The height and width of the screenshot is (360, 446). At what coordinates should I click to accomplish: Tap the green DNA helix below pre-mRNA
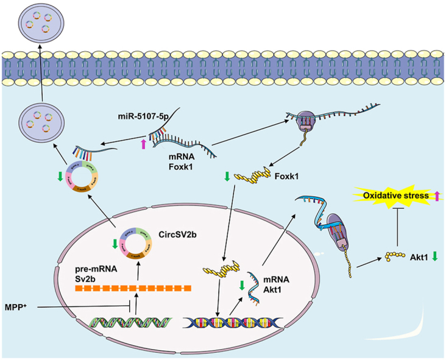tap(135, 320)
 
